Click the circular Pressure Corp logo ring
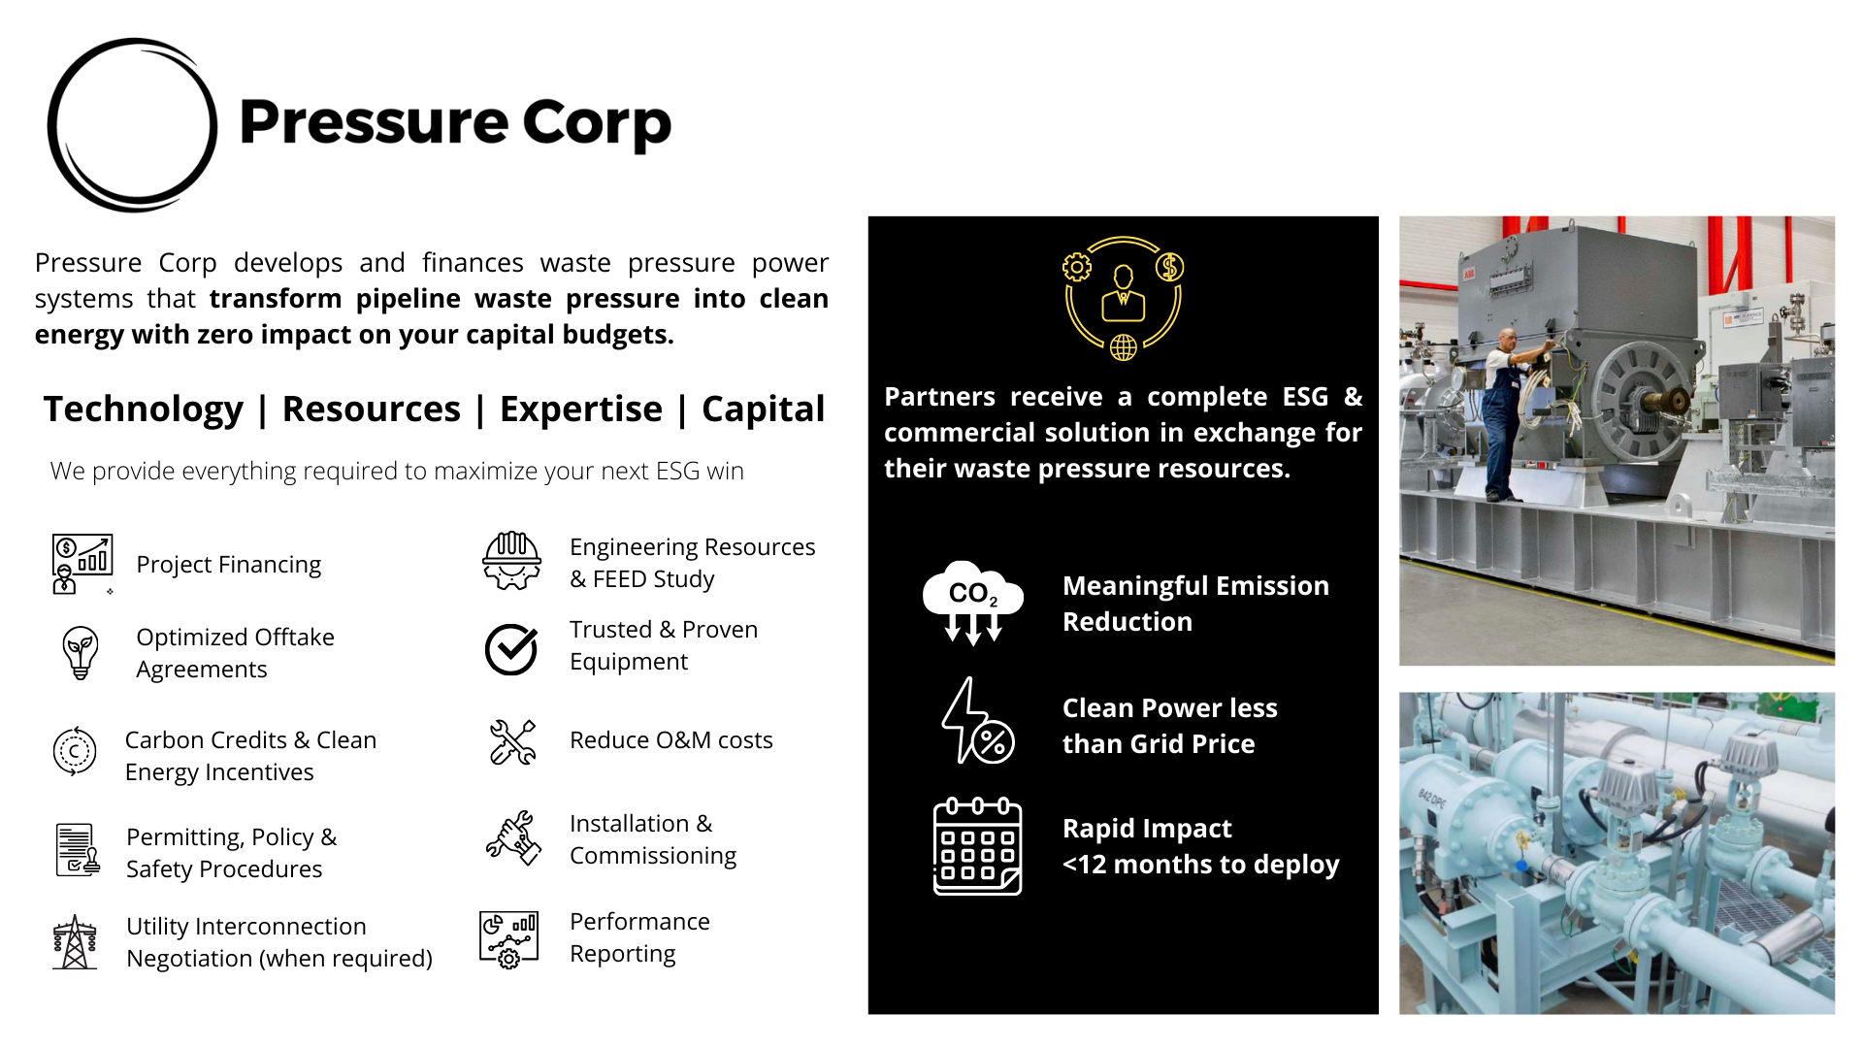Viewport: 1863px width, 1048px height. coord(50,126)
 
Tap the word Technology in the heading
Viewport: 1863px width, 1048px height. coord(144,409)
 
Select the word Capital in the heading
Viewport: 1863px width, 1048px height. coord(763,409)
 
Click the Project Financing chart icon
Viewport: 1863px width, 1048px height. coord(82,564)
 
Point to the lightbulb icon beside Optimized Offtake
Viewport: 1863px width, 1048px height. coord(81,652)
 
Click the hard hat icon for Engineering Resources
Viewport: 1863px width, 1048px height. coord(512,561)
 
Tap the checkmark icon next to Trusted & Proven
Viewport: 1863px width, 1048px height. coord(511,649)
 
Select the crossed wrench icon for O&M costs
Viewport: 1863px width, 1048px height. coord(512,742)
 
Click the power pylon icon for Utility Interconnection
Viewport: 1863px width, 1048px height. coord(75,942)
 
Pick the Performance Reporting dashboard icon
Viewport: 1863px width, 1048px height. coord(509,939)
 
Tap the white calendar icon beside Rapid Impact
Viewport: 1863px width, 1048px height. coord(977,846)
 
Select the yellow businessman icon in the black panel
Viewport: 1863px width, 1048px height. coord(1124,292)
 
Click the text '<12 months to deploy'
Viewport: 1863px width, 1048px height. coord(1201,864)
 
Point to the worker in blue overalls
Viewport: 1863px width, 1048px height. coord(1505,412)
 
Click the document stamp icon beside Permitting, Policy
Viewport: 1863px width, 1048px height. coord(78,850)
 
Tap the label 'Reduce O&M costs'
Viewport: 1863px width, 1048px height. coord(671,740)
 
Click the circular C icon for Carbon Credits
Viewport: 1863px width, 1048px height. coord(75,751)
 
